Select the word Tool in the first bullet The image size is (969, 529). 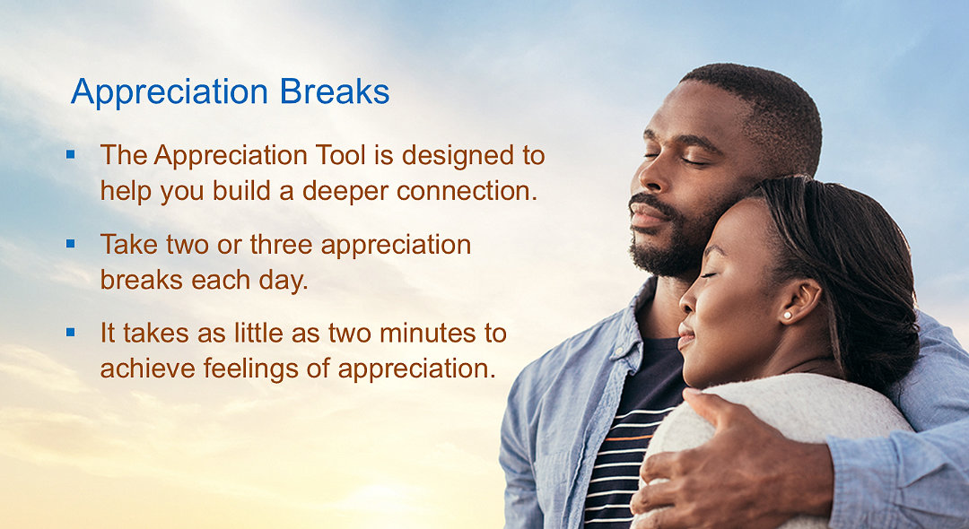340,155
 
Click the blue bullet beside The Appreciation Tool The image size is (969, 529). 71,154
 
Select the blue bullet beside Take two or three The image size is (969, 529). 71,243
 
